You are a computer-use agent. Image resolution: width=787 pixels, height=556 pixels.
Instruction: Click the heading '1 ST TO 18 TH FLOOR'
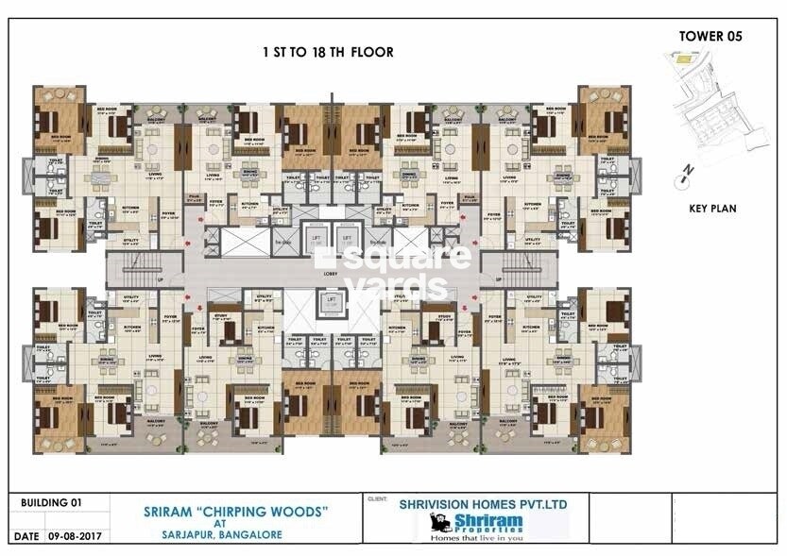328,53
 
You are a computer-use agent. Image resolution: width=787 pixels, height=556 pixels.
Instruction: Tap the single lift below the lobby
331,302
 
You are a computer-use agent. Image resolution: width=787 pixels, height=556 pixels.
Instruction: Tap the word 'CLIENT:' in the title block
379,498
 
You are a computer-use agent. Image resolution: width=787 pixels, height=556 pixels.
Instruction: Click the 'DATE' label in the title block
26,535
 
